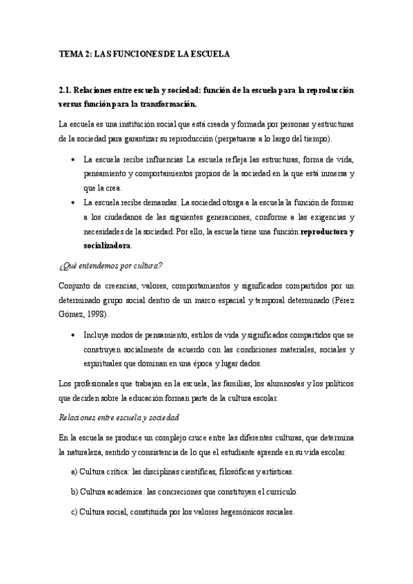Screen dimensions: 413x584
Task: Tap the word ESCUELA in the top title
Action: click(210, 52)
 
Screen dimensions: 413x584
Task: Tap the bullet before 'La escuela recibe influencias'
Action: click(74, 158)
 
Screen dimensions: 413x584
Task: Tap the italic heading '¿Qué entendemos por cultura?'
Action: click(110, 265)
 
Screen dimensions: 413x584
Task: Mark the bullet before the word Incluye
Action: click(74, 335)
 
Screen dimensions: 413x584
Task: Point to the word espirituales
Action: click(103, 363)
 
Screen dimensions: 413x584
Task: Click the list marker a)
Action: click(74, 472)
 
